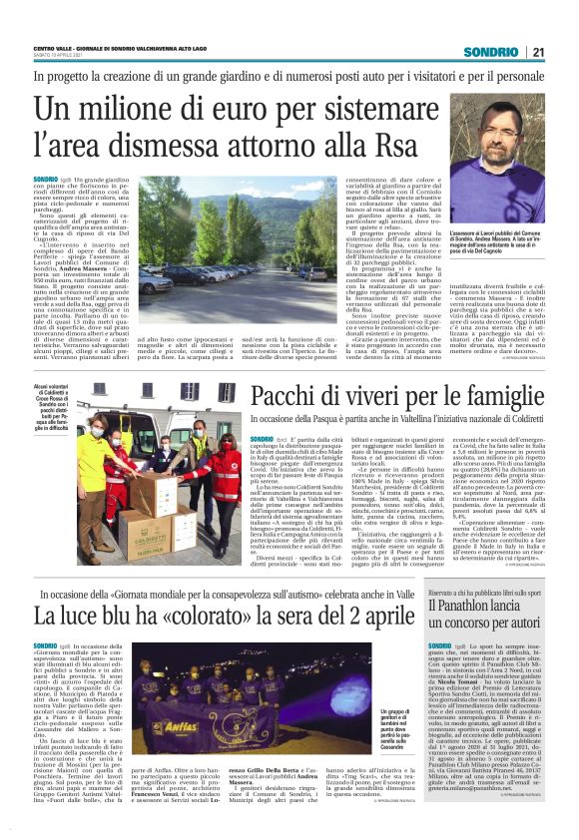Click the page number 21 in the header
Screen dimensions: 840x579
point(537,52)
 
